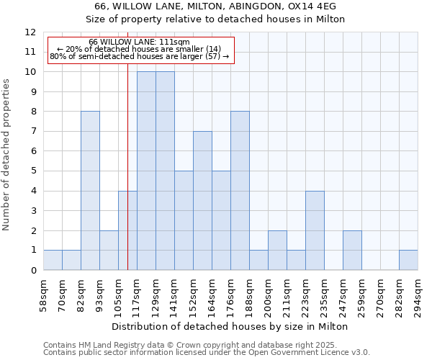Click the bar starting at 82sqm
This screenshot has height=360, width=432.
[x=90, y=191]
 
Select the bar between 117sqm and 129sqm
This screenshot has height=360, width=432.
[x=146, y=171]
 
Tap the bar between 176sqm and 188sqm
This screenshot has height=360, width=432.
[x=240, y=191]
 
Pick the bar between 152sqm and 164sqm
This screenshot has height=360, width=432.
[x=202, y=201]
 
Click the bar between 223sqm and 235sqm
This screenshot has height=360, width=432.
[x=315, y=230]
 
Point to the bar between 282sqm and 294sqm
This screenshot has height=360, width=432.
[x=408, y=260]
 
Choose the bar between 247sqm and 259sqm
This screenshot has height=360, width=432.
[x=352, y=251]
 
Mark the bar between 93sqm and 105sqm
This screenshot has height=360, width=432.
[x=109, y=251]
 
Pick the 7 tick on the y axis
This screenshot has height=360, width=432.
[x=32, y=132]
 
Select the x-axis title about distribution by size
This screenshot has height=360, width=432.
[x=230, y=326]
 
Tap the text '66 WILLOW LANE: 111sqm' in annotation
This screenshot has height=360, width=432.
[x=140, y=42]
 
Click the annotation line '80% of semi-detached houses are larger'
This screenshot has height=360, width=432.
[x=140, y=56]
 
